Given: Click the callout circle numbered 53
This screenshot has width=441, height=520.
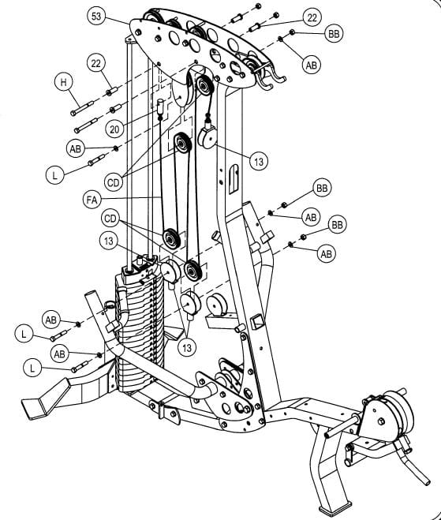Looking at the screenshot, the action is click(x=95, y=16).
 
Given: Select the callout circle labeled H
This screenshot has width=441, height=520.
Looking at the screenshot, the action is click(x=63, y=82).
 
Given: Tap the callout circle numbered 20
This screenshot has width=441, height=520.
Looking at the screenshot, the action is click(x=114, y=129).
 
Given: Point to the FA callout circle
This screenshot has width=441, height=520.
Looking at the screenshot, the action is click(x=92, y=200).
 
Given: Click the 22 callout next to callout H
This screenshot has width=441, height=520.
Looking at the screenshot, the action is click(x=95, y=63).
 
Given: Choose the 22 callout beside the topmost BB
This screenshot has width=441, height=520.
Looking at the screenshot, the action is click(x=312, y=18).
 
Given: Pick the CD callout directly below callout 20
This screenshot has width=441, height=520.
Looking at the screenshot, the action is click(x=114, y=183).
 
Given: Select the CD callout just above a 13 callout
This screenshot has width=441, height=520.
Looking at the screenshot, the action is click(x=110, y=219).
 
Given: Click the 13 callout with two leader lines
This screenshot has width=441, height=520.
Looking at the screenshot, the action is click(x=187, y=347).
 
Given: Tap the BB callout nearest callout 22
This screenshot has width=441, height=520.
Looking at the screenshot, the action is click(x=334, y=34).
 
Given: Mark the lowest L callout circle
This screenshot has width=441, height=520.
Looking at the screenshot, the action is click(x=32, y=368).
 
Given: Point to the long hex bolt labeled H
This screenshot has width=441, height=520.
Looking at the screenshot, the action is click(x=82, y=108).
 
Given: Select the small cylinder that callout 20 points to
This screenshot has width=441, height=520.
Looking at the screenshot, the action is click(x=160, y=106).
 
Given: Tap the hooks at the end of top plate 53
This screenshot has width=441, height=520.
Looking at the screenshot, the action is click(x=271, y=77).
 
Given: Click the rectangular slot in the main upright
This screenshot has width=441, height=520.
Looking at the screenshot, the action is click(x=234, y=178).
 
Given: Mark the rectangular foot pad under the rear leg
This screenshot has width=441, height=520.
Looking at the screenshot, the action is click(x=335, y=506).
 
